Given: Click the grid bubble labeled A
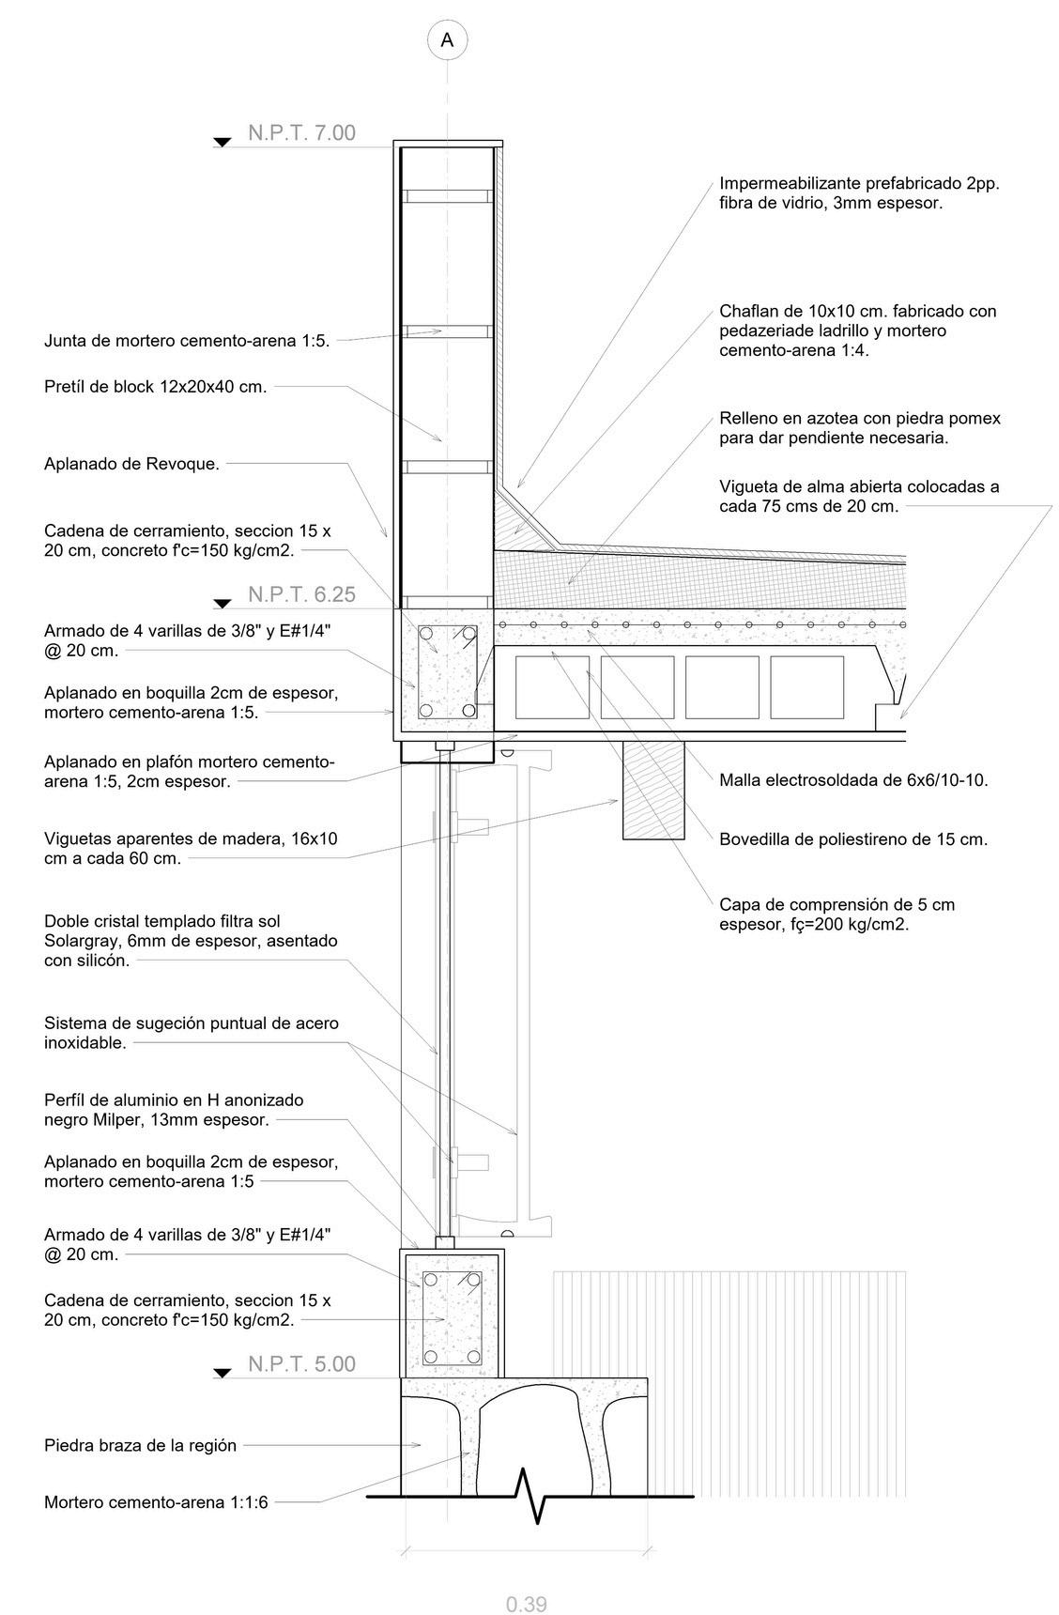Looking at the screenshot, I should pos(447,39).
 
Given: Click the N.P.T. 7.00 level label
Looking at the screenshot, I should pos(301,133).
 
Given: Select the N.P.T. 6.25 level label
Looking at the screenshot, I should pos(301,595).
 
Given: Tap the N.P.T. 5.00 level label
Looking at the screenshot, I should pos(301,1364).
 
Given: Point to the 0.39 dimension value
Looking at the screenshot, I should pos(526,1605).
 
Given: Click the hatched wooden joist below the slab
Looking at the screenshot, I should pos(653,789).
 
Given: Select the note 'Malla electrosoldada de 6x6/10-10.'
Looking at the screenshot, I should pos(853,779).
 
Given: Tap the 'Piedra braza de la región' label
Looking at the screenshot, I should pos(140,1445).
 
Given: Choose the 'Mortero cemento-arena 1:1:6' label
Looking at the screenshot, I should pos(156,1502).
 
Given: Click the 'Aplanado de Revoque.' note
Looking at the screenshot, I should pos(131,464).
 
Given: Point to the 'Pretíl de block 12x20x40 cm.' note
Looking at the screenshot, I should pos(155,386).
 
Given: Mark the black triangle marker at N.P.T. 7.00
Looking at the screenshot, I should pos(223,143).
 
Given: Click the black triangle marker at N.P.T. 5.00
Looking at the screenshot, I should pos(223,1374).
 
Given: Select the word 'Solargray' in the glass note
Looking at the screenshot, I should pos(82,941).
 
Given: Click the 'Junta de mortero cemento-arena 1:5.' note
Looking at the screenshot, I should pos(187,341).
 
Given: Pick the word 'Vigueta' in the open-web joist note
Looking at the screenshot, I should pos(748,486).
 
